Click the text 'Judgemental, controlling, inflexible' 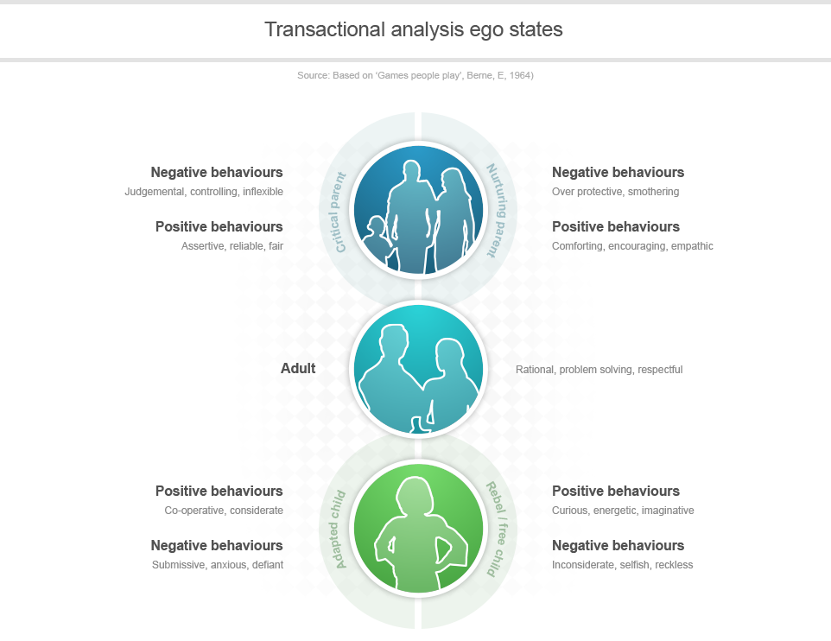(x=204, y=192)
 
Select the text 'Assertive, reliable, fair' (x=232, y=246)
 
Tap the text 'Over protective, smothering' (x=615, y=192)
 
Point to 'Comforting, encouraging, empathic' (x=632, y=246)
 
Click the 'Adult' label (x=298, y=369)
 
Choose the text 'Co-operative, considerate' (x=224, y=511)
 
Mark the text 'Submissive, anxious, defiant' (x=217, y=565)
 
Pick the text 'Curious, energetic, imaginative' (x=623, y=511)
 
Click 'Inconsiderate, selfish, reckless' (x=622, y=565)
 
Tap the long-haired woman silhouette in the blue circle (x=454, y=216)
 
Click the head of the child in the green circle (x=412, y=497)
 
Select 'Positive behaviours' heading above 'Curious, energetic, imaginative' (x=615, y=492)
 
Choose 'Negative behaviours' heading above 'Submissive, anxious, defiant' (x=217, y=546)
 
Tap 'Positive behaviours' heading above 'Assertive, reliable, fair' (x=219, y=227)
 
